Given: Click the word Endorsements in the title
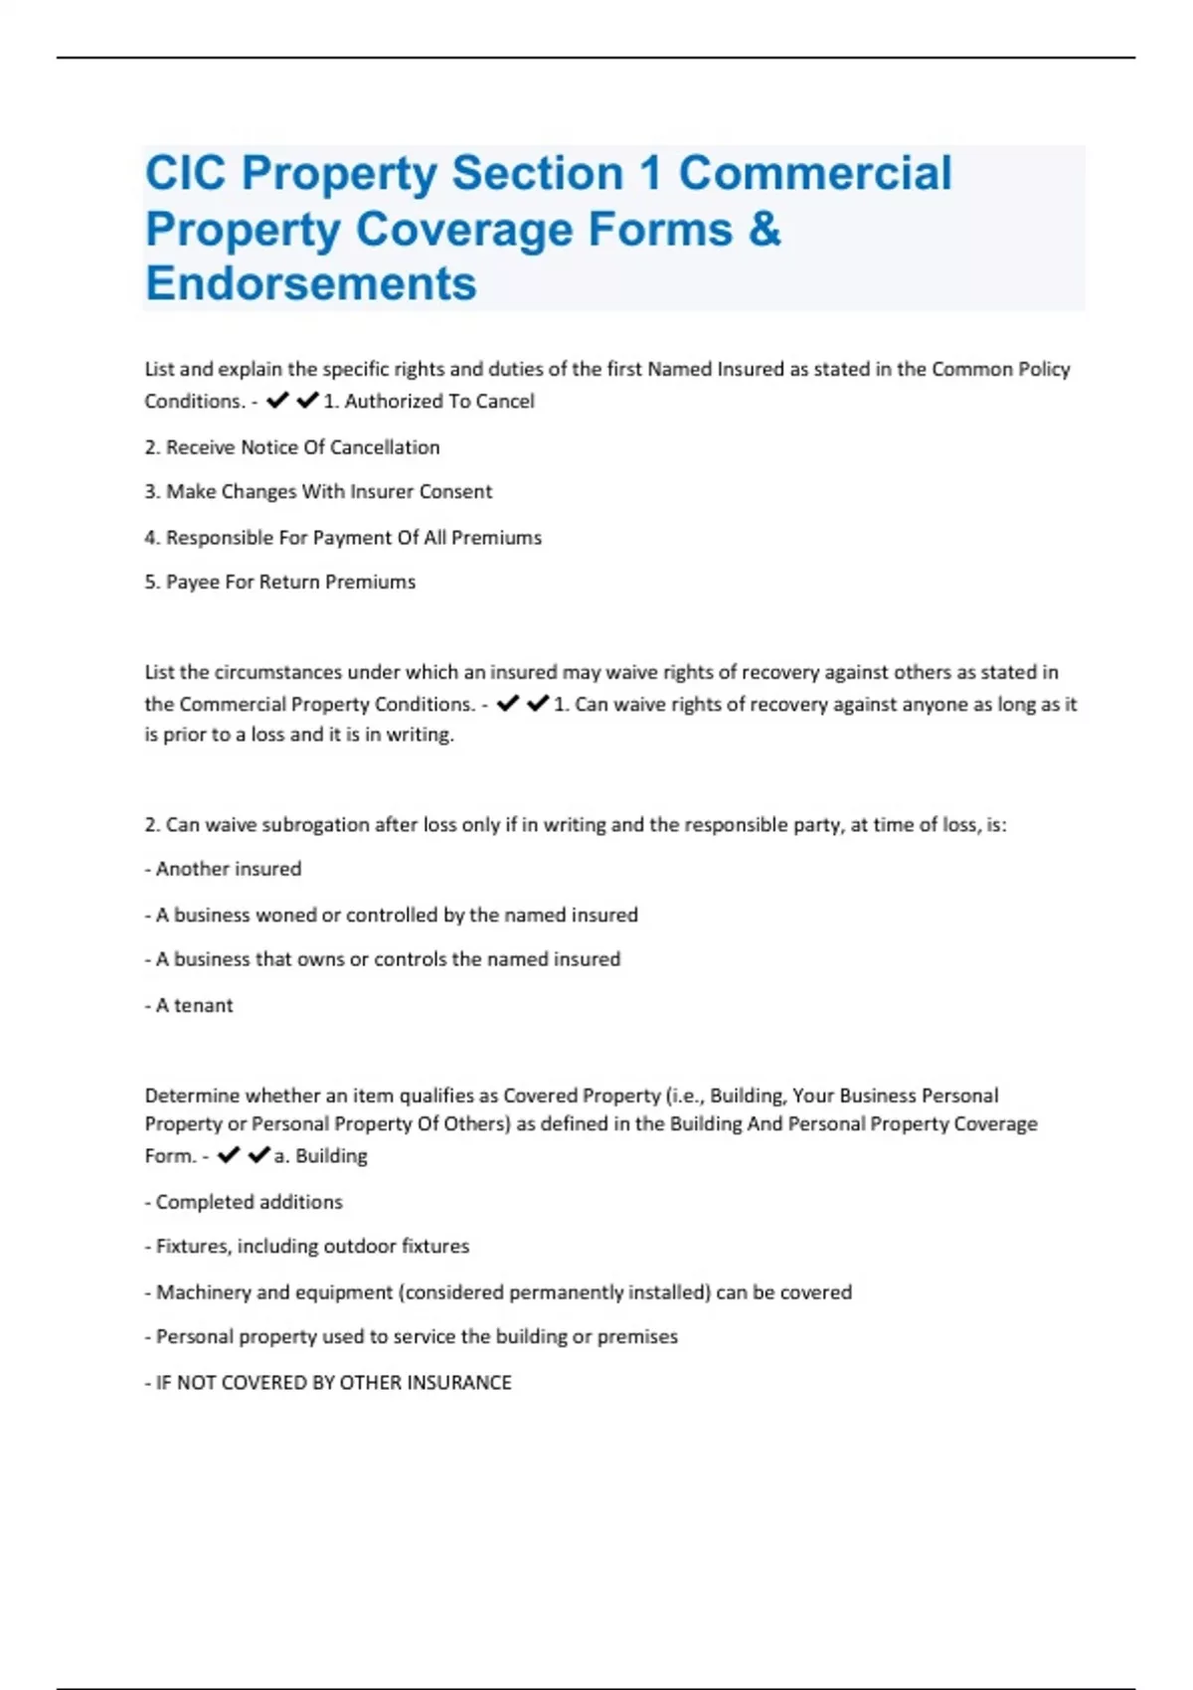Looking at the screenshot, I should click(x=311, y=283).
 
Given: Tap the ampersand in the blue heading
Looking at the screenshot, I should click(x=764, y=229).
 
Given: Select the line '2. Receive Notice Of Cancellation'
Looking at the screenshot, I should click(x=291, y=447).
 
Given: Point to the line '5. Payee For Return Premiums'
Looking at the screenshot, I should click(x=279, y=582).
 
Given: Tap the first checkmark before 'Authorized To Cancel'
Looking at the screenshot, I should click(x=277, y=400).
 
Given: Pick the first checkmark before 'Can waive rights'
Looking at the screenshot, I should click(x=507, y=703).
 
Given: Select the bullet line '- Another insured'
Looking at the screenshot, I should click(x=223, y=869).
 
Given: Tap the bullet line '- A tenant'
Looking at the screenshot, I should click(x=189, y=1005).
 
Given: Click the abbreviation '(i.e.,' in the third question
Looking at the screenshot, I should click(x=686, y=1096).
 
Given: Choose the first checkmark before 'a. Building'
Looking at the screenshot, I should click(x=229, y=1154).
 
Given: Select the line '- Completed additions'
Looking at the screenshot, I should click(x=244, y=1202).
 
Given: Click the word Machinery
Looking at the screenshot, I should click(x=203, y=1292).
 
